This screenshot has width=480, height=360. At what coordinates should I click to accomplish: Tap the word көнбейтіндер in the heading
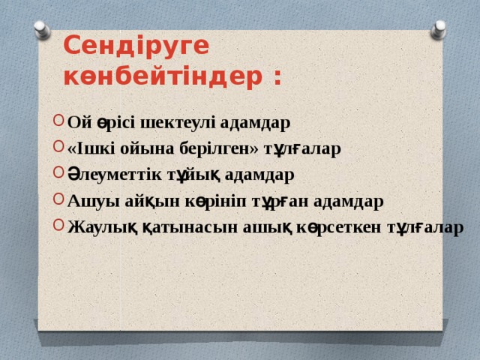tap(160, 76)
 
